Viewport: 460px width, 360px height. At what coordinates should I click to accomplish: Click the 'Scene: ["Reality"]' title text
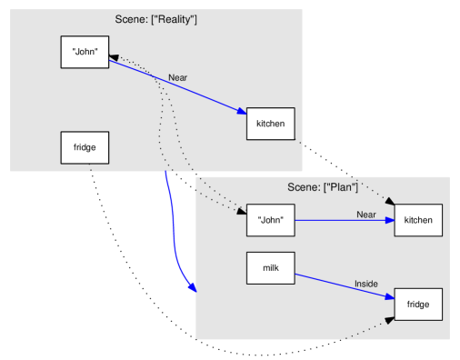click(x=156, y=19)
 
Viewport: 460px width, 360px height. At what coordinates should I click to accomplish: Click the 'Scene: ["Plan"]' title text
click(x=323, y=187)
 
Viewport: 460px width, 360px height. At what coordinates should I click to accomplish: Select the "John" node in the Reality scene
click(x=85, y=52)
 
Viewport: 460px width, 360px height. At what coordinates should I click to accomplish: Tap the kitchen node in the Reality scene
click(x=271, y=123)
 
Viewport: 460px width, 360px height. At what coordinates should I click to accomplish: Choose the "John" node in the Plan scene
click(x=271, y=220)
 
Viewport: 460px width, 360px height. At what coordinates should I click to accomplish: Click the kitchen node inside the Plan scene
click(x=418, y=220)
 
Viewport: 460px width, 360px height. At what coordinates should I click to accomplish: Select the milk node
click(x=271, y=268)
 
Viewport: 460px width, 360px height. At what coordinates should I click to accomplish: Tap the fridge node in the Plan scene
click(x=418, y=304)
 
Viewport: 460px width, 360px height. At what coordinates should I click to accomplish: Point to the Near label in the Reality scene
click(x=177, y=78)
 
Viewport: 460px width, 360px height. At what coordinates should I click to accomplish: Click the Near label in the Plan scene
click(x=365, y=215)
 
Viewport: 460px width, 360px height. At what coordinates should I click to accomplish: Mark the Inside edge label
click(x=365, y=284)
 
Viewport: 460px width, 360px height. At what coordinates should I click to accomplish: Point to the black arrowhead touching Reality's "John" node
click(x=115, y=58)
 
